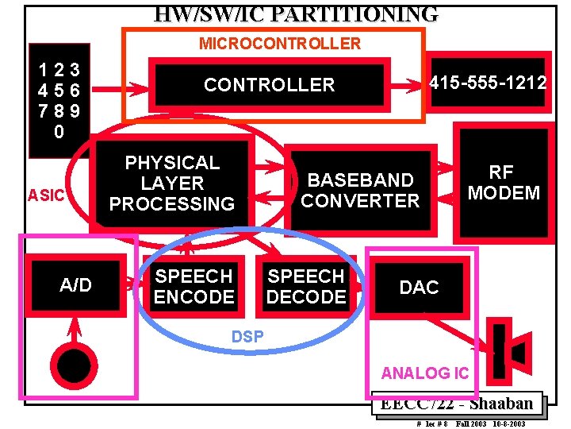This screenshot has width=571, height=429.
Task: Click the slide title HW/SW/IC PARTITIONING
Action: click(x=296, y=14)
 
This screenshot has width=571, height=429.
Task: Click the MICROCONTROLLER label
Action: click(x=279, y=44)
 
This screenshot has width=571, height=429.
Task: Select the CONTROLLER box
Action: click(x=269, y=84)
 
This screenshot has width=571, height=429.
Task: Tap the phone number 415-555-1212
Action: click(x=488, y=82)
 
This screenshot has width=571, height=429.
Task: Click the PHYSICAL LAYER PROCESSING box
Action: click(x=172, y=184)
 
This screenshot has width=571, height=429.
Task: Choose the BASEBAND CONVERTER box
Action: click(x=360, y=191)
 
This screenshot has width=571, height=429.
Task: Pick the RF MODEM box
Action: click(x=503, y=183)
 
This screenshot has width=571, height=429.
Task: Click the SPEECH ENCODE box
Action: click(x=194, y=287)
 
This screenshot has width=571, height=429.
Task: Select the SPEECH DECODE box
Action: click(x=306, y=287)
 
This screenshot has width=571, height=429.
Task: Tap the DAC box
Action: click(x=419, y=288)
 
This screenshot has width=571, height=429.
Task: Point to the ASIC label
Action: click(x=45, y=195)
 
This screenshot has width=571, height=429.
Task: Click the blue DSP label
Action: click(x=247, y=337)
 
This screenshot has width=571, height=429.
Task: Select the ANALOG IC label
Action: click(x=424, y=373)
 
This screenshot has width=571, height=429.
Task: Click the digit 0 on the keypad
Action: click(x=59, y=133)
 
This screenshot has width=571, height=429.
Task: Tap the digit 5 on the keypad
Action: click(x=59, y=91)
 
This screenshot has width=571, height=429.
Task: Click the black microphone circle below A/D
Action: click(x=74, y=365)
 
